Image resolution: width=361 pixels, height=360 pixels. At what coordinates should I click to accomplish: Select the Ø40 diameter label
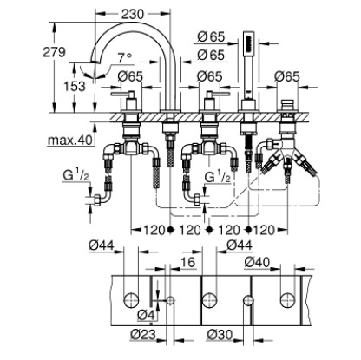256,262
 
